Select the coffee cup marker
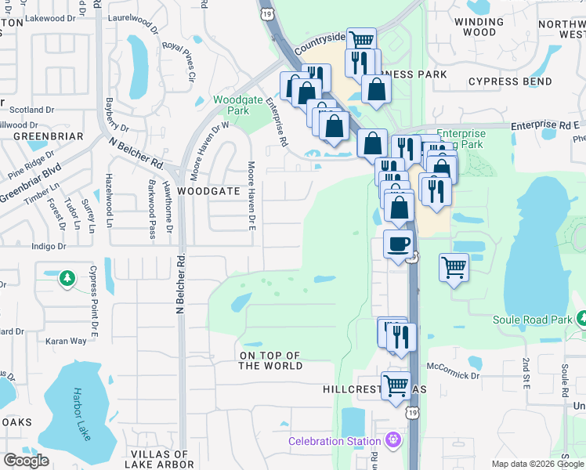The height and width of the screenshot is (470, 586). [x=399, y=244]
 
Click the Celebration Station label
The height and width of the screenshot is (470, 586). [x=335, y=441]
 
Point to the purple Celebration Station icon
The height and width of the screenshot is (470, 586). [x=392, y=441]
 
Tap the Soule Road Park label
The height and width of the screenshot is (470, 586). [x=533, y=320]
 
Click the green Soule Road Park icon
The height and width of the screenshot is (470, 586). [x=581, y=318]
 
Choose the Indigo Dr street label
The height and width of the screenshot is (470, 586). [x=48, y=246]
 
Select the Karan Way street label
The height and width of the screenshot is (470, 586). [x=66, y=341]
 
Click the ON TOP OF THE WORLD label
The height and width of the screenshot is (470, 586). [x=270, y=361]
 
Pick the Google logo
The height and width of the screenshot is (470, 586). [x=26, y=461]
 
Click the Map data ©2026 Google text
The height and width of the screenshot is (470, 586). [x=537, y=464]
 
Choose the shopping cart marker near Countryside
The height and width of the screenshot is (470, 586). [x=361, y=41]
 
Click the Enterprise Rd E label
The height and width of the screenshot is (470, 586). [x=544, y=125]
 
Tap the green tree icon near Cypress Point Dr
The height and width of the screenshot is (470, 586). [x=68, y=277]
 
